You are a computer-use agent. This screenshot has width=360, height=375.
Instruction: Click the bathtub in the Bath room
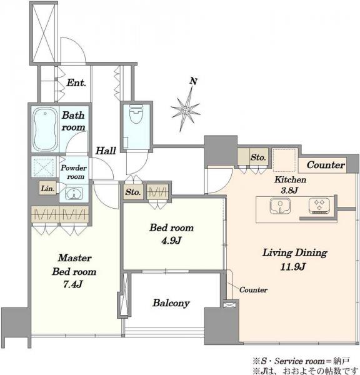point(45,129)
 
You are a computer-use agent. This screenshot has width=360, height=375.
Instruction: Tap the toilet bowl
point(136,114)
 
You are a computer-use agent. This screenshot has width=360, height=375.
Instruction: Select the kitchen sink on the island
point(280,206)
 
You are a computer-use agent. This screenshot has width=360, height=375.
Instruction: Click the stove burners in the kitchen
point(319,206)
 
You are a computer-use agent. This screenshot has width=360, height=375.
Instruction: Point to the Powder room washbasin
point(74,193)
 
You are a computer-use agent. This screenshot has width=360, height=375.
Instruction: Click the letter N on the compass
point(193,81)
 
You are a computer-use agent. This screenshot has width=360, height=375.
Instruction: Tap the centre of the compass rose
point(186,110)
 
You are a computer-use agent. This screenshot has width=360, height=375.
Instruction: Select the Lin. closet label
point(47,189)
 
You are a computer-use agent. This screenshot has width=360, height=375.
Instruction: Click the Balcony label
point(171,303)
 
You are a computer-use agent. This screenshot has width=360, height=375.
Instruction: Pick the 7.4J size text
point(73,284)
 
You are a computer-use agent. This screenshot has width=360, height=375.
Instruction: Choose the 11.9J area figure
point(292,266)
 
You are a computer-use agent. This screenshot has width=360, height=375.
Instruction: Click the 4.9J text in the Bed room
point(171,241)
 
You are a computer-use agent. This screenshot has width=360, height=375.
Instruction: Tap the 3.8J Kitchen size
point(289,191)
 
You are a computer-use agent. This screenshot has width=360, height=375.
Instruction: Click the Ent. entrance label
point(76,82)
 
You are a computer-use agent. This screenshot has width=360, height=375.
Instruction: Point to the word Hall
point(106,151)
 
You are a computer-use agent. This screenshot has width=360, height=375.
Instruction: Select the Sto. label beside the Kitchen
point(258,157)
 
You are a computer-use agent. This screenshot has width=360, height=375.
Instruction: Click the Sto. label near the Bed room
point(132,192)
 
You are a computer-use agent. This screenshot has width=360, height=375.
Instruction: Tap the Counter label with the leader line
point(253,289)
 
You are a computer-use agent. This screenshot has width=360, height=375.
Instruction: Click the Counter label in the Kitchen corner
point(326,165)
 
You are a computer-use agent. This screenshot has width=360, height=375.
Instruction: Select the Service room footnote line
point(302,361)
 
